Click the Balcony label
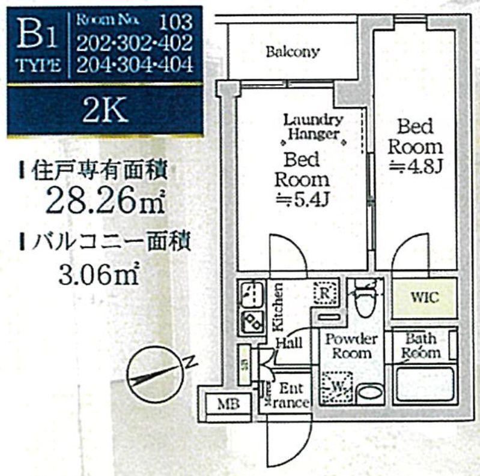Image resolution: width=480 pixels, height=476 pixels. pos(292,52)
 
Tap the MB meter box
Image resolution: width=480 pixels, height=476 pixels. pos(228,403)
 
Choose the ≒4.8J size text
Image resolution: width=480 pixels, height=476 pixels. pos(415,166)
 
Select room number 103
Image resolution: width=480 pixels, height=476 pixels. pos(175,22)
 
